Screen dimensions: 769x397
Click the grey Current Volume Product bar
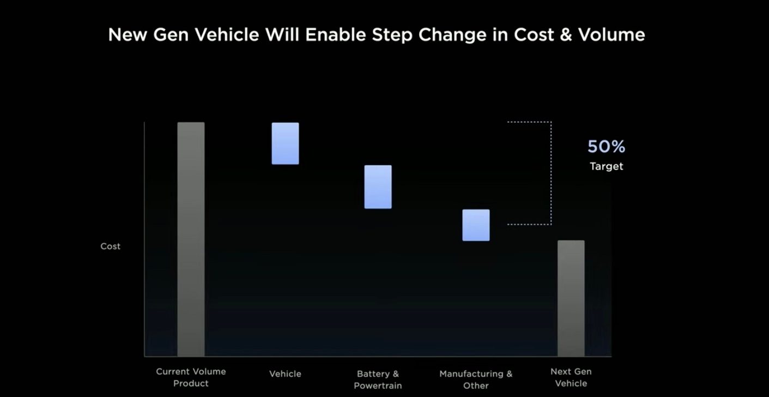[x=191, y=239]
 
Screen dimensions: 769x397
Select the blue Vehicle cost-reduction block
[x=285, y=143]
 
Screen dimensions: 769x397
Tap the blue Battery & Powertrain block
[x=378, y=187]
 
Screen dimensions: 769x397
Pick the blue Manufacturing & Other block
[x=476, y=225]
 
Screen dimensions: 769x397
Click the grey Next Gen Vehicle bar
[x=571, y=298]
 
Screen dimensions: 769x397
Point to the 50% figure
[x=606, y=147]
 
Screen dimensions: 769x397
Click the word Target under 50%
[x=606, y=166]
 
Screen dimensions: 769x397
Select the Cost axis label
[x=110, y=246]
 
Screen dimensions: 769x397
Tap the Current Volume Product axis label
[x=191, y=377]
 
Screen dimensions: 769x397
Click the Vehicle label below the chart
[x=285, y=374]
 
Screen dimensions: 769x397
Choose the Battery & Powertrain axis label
[x=378, y=380]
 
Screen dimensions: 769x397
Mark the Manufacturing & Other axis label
[x=476, y=380]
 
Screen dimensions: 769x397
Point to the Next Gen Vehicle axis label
[x=571, y=377]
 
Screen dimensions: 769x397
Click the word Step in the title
[x=392, y=35]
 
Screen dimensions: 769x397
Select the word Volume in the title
[x=611, y=35]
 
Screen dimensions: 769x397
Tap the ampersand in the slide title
[x=566, y=35]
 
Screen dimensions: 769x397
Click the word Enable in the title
[x=335, y=35]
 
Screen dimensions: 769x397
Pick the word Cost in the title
[x=534, y=35]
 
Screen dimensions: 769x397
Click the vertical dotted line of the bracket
[x=552, y=173]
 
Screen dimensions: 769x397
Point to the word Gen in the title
[x=171, y=35]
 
